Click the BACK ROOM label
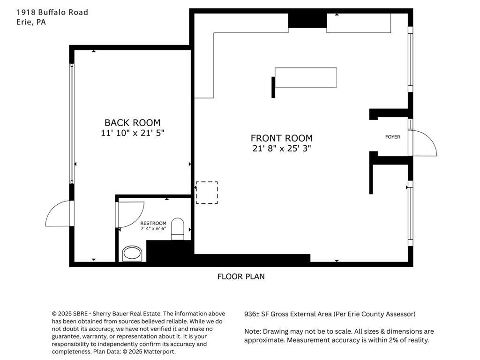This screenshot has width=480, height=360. pyautogui.click(x=133, y=123)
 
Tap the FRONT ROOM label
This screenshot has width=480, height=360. pyautogui.click(x=282, y=138)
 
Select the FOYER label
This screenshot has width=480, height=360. pyautogui.click(x=393, y=137)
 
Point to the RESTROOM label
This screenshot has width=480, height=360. pyautogui.click(x=153, y=223)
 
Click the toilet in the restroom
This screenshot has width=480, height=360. pyautogui.click(x=177, y=229)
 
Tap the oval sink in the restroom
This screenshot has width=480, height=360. pyautogui.click(x=133, y=254)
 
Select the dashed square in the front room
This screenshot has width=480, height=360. pyautogui.click(x=207, y=193)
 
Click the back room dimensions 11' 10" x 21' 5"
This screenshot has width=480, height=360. pyautogui.click(x=133, y=133)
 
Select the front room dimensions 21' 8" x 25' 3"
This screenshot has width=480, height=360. pyautogui.click(x=282, y=149)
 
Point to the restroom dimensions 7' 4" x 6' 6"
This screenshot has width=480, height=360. pyautogui.click(x=153, y=229)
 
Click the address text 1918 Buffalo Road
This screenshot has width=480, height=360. pyautogui.click(x=52, y=12)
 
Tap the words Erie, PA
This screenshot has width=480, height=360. pyautogui.click(x=31, y=22)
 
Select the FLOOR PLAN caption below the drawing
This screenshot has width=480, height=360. pyautogui.click(x=241, y=277)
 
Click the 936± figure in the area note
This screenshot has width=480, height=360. pyautogui.click(x=252, y=314)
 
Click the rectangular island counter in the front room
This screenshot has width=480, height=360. pyautogui.click(x=306, y=77)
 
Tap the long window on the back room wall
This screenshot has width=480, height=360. pyautogui.click(x=72, y=123)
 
